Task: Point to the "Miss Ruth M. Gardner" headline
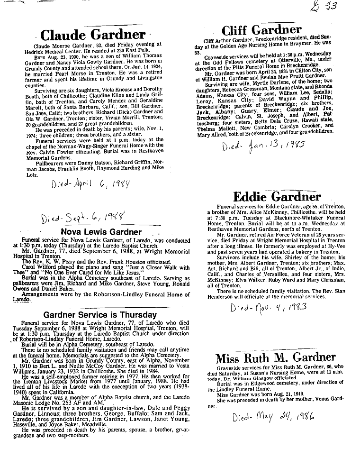pos(276,357)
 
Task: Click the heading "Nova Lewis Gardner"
pos(100,232)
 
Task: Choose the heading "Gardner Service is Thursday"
pos(100,315)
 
